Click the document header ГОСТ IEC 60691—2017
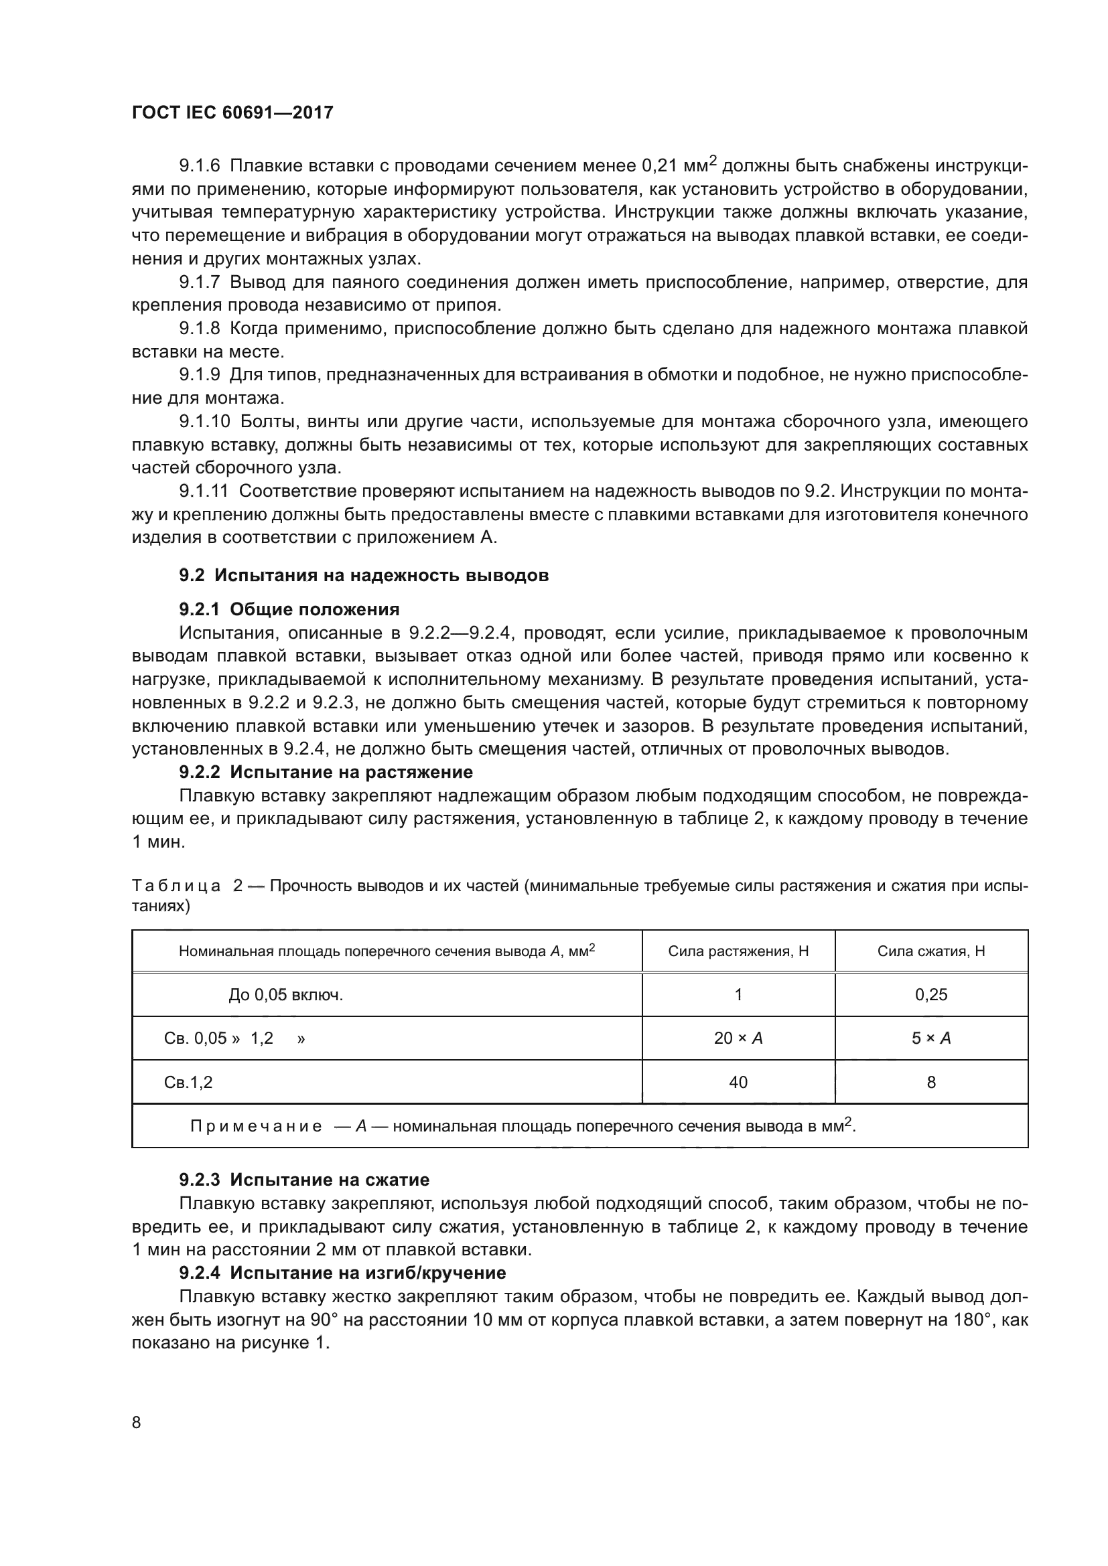tap(232, 112)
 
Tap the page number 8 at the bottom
tap(137, 1422)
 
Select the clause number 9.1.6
tap(199, 166)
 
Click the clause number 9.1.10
tap(204, 422)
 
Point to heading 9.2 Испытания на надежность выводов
tap(364, 575)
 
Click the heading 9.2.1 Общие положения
tap(289, 609)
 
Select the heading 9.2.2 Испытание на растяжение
tap(326, 772)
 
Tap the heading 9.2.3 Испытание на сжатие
tap(303, 1179)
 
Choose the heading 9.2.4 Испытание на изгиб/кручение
tap(342, 1273)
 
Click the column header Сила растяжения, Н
tap(738, 951)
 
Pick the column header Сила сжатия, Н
tap(930, 951)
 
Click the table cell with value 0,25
tap(930, 994)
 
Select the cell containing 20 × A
tap(738, 1038)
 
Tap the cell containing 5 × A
tap(930, 1038)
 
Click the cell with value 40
tap(738, 1083)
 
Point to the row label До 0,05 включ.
tap(285, 994)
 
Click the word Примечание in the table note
tap(256, 1126)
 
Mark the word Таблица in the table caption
tap(176, 886)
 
